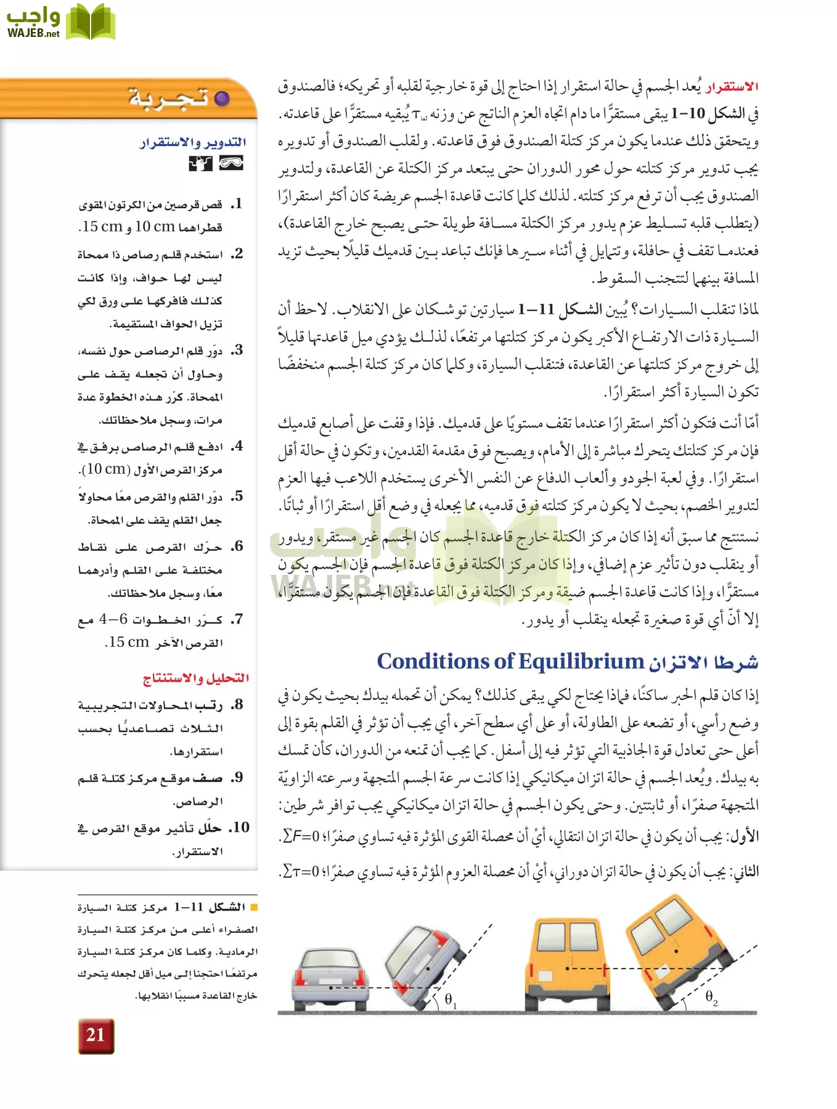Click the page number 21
96,1035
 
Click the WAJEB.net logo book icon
91,23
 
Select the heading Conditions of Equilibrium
510,662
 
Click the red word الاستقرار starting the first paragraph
732,86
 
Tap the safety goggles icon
231,163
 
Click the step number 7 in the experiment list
238,619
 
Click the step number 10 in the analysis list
240,827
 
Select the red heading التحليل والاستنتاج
196,678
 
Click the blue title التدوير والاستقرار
193,143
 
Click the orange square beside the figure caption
253,908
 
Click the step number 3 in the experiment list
238,351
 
